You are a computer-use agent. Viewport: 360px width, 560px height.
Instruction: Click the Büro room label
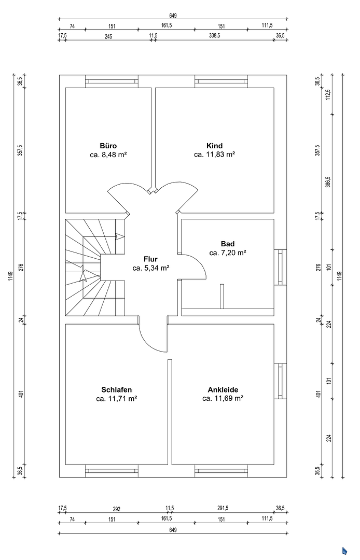[x=108, y=146]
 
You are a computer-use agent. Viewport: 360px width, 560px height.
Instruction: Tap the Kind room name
[x=214, y=146]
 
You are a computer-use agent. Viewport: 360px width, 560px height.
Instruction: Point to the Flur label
[x=150, y=259]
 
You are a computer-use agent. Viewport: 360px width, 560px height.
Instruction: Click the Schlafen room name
[x=116, y=389]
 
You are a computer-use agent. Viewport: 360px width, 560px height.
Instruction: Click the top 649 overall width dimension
[x=173, y=16]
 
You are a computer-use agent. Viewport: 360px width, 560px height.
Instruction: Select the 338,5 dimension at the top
[x=214, y=36]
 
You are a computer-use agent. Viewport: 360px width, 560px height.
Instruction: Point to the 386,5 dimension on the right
[x=328, y=181]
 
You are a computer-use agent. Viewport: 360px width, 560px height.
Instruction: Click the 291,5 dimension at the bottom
[x=223, y=508]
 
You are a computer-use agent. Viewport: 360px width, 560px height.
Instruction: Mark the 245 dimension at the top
[x=108, y=36]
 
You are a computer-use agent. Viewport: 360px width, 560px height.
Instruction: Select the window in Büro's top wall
[x=112, y=81]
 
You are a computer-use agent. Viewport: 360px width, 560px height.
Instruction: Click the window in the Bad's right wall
[x=280, y=267]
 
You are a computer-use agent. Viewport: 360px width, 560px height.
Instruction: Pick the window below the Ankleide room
[x=221, y=471]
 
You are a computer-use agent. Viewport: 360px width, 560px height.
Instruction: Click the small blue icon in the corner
[x=344, y=551]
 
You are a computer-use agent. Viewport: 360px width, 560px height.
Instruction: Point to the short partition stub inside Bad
[x=222, y=296]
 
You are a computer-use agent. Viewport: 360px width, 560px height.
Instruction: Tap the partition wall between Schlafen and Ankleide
[x=170, y=412]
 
